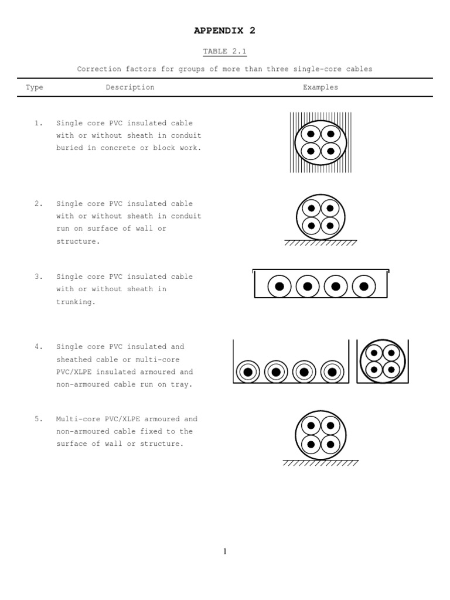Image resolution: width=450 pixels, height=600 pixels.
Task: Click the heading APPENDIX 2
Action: coord(225,30)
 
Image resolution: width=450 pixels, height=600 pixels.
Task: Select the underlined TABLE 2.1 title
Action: coord(225,52)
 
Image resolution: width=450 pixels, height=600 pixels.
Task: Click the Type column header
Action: coord(35,87)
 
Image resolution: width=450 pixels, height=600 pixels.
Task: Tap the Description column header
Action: coord(130,87)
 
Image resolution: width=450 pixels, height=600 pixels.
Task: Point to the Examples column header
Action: coord(320,87)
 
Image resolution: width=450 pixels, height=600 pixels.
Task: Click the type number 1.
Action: coord(39,123)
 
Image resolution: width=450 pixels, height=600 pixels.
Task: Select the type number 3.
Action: coord(39,277)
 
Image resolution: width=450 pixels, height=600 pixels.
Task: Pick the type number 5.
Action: coord(39,419)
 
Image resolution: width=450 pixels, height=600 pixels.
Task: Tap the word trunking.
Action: coord(76,302)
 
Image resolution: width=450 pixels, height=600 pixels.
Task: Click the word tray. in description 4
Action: coord(182,384)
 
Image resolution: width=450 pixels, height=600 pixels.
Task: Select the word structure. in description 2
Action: coord(78,241)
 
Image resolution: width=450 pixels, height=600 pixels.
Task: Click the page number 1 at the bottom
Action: coord(225,551)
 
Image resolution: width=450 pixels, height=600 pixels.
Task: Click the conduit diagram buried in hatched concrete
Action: coord(321,142)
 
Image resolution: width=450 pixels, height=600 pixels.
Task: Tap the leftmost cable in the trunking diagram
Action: coord(279,287)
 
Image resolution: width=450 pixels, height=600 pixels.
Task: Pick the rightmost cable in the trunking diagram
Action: coord(364,287)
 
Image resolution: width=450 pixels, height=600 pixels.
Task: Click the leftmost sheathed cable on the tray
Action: coord(248,371)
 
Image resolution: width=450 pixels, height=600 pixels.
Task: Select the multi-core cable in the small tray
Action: coord(383,362)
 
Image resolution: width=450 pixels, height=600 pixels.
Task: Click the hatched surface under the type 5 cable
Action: coord(321,463)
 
